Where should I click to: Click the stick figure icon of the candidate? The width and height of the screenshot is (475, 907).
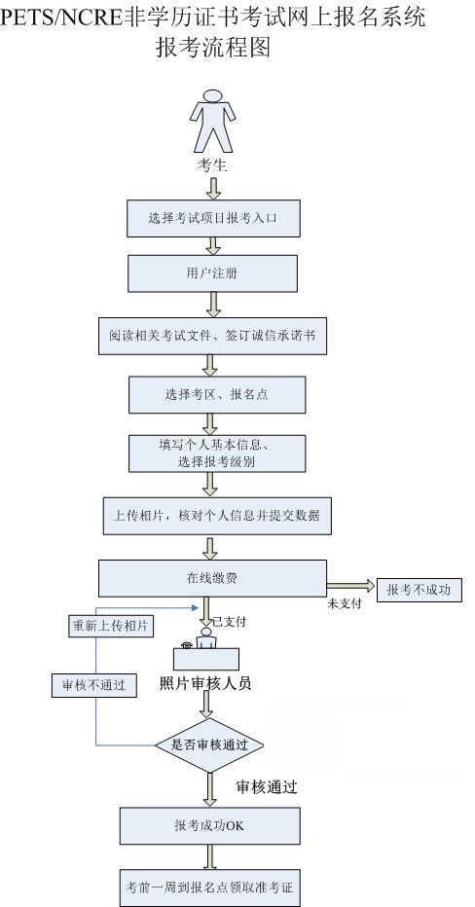[211, 122]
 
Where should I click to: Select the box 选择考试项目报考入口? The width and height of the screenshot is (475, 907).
[213, 218]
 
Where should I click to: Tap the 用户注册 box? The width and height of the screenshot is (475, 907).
[212, 273]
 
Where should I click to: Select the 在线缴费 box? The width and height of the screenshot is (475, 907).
[212, 578]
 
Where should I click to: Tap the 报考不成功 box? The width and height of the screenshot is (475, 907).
[419, 589]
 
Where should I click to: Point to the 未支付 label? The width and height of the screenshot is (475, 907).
[346, 604]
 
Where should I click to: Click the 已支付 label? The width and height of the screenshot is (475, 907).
[231, 621]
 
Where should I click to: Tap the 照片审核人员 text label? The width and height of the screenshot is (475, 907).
[205, 683]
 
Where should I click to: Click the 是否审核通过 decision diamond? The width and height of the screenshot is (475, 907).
[210, 745]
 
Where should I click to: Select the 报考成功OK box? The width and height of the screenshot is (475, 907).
[208, 826]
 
